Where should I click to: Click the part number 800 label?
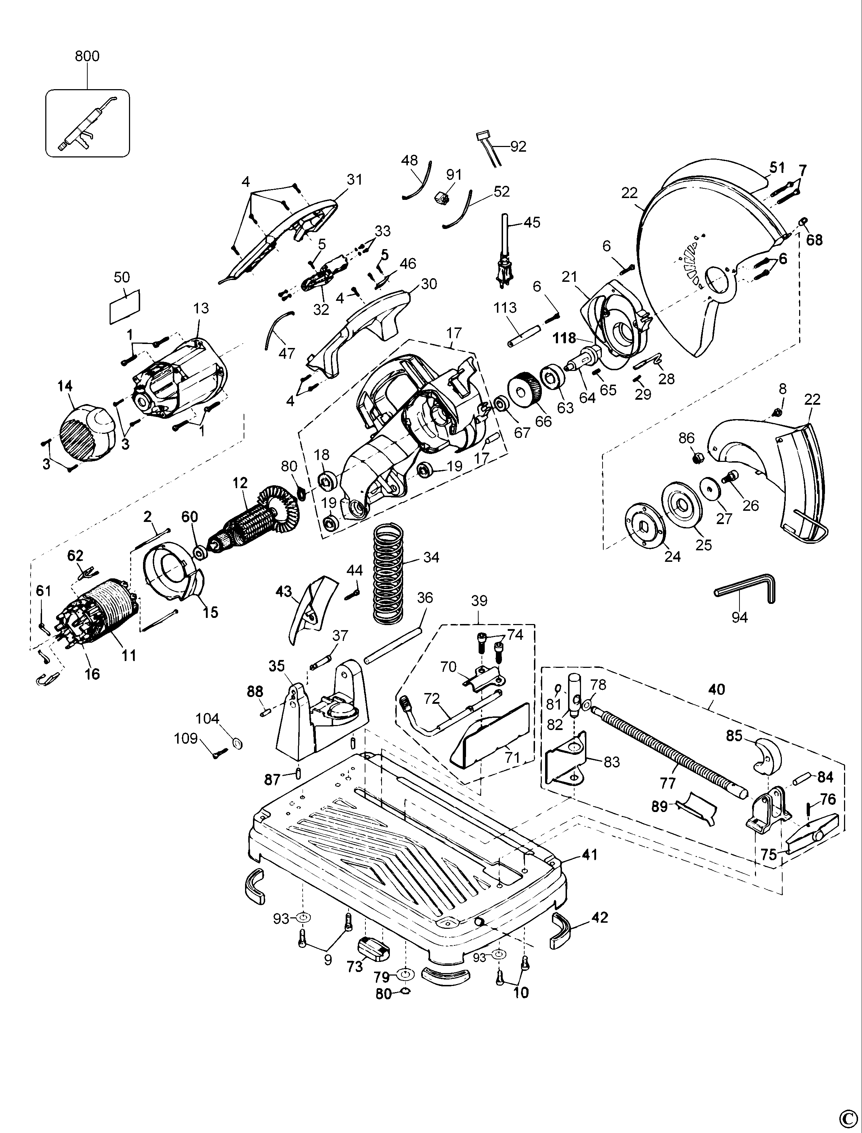click(87, 56)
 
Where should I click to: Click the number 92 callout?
click(518, 146)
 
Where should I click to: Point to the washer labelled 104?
click(238, 744)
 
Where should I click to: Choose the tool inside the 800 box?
click(87, 123)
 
